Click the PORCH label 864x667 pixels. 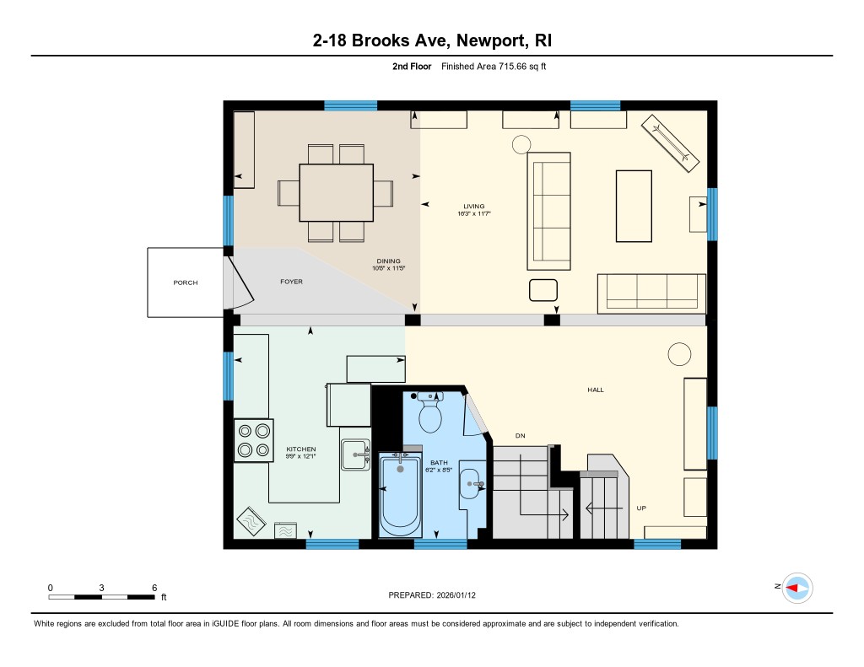click(x=185, y=282)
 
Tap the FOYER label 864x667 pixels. click(x=291, y=282)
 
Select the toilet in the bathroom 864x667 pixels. click(x=430, y=412)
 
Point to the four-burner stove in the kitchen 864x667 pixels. click(x=253, y=440)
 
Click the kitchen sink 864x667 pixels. click(x=355, y=455)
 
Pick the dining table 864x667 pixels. click(x=336, y=192)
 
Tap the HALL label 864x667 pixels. click(x=596, y=390)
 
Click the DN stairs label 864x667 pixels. click(x=520, y=436)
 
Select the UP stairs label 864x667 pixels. click(x=641, y=508)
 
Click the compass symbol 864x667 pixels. click(x=797, y=589)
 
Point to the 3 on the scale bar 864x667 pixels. click(x=101, y=588)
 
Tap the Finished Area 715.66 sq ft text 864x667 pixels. click(x=494, y=66)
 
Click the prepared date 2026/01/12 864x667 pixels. click(x=456, y=594)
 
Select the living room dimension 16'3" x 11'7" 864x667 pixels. click(x=474, y=213)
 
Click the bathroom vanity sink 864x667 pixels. click(x=469, y=483)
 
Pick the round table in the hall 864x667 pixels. click(x=679, y=354)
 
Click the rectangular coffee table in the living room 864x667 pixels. click(x=634, y=206)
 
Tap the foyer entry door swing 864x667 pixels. click(x=242, y=282)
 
